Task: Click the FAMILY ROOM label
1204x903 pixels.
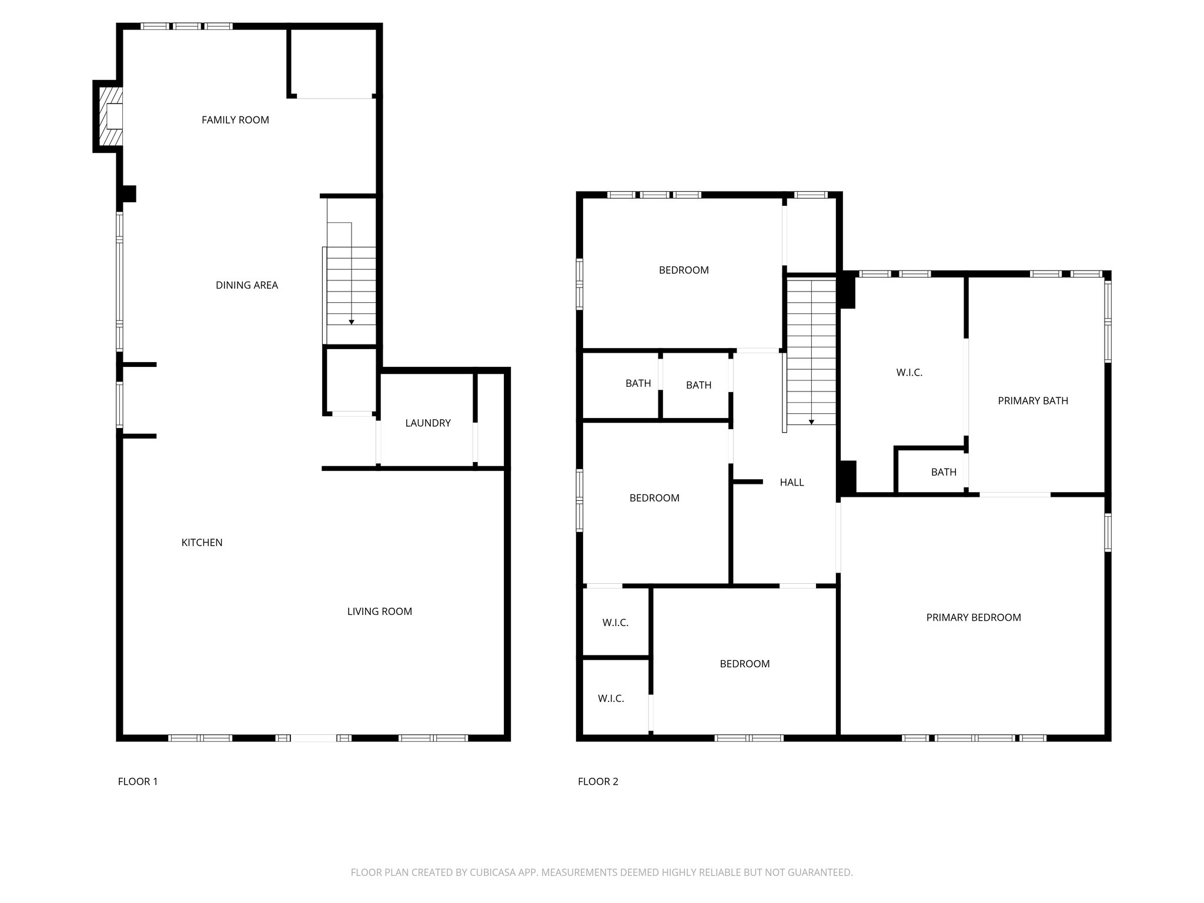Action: click(x=235, y=120)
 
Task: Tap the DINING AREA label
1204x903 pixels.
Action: click(x=246, y=285)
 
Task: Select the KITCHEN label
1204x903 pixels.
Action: click(x=202, y=543)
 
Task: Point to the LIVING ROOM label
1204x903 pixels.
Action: click(x=379, y=611)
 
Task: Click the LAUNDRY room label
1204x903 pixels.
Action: click(x=427, y=423)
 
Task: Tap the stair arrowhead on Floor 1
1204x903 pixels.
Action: click(x=352, y=322)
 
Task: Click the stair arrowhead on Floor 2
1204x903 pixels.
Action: click(x=811, y=422)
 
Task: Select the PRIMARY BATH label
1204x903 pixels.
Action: click(x=1032, y=401)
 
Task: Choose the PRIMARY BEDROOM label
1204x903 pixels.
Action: click(x=973, y=617)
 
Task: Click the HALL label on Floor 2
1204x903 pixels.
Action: click(x=791, y=483)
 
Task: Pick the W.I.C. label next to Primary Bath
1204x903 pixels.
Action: click(x=909, y=373)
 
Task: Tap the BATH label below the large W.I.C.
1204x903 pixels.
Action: click(x=944, y=472)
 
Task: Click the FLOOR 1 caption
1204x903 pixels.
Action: click(x=138, y=781)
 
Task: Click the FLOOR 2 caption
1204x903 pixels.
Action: click(x=598, y=781)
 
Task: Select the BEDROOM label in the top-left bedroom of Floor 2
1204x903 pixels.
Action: click(x=683, y=270)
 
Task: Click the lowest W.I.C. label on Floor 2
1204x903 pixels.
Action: click(x=611, y=698)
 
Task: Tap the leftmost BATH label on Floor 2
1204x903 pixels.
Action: click(x=638, y=383)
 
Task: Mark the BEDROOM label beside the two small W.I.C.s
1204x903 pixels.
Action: click(x=744, y=664)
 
